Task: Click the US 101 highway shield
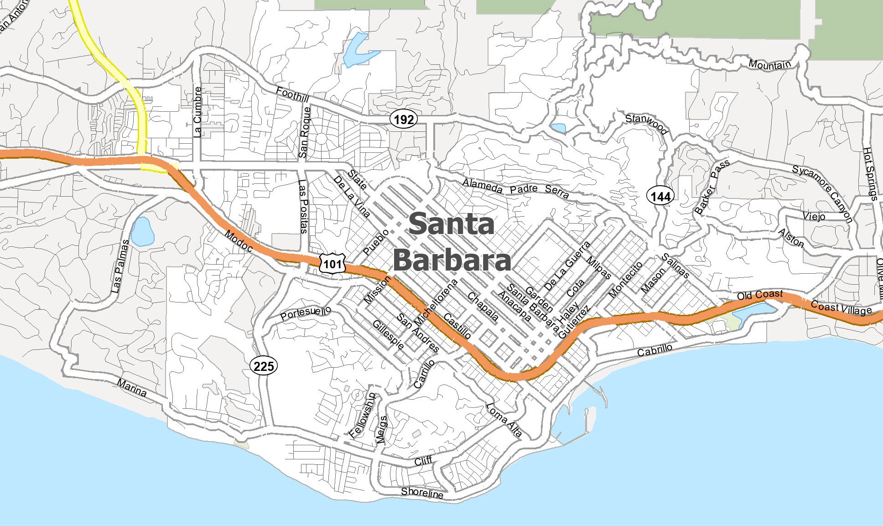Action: [332, 264]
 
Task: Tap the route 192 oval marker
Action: [404, 120]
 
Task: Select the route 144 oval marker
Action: [660, 197]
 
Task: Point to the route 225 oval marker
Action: [264, 366]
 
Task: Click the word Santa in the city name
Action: [451, 224]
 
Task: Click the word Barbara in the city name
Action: [451, 260]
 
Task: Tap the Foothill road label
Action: [292, 95]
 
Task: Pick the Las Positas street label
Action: [303, 206]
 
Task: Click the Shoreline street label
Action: [422, 493]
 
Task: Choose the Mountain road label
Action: [769, 65]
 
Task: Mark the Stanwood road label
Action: [646, 124]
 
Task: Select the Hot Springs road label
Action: [870, 173]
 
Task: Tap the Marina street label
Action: [132, 388]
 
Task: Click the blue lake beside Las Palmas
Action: [141, 232]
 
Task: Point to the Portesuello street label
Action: [305, 313]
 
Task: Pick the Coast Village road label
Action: [841, 308]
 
